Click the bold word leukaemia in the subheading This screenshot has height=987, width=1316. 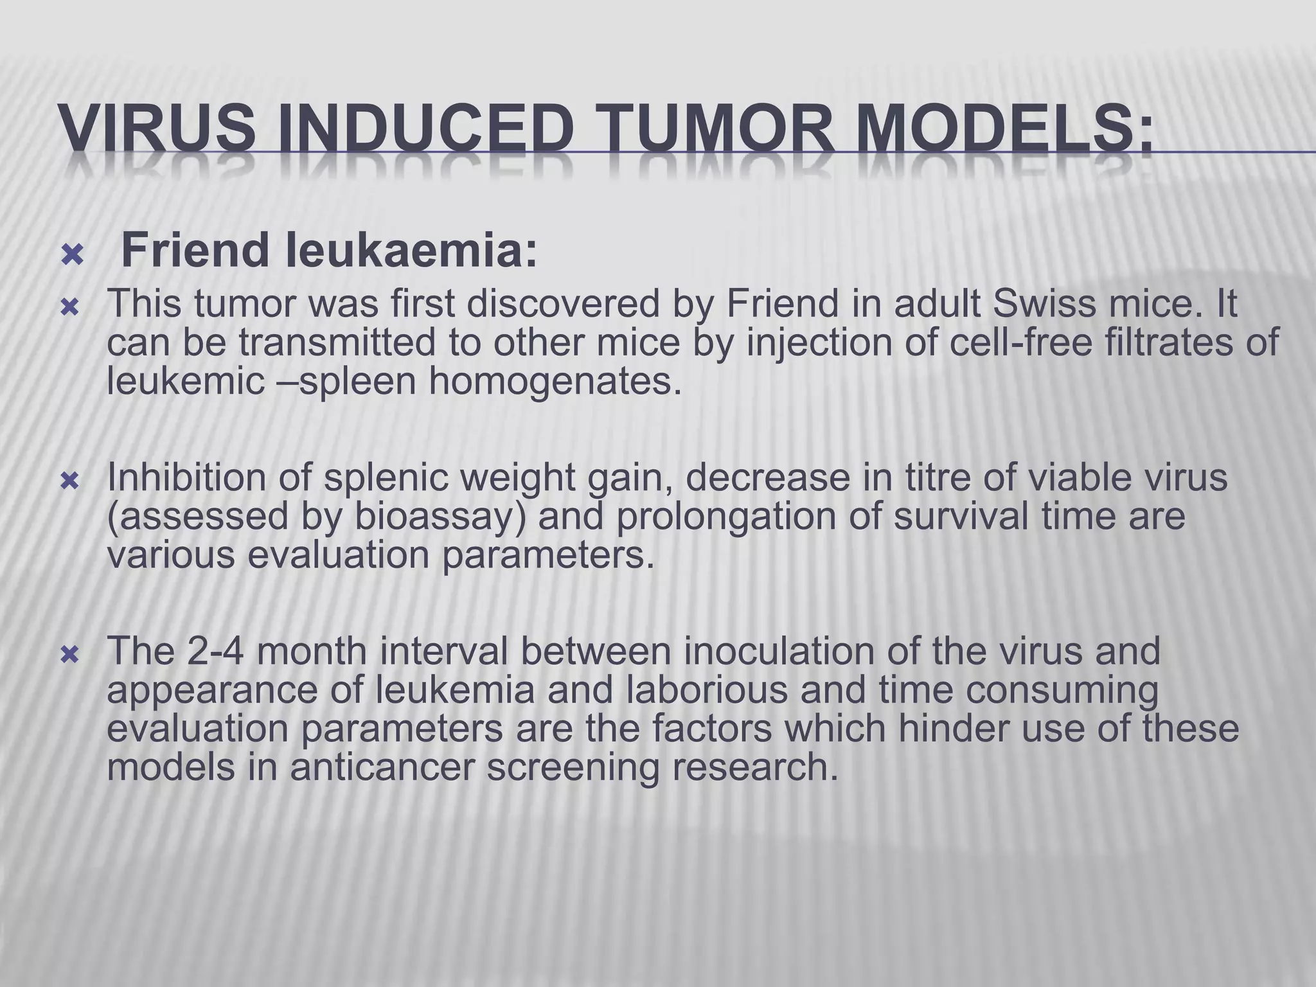coord(411,251)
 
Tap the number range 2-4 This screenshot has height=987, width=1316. coord(215,651)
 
